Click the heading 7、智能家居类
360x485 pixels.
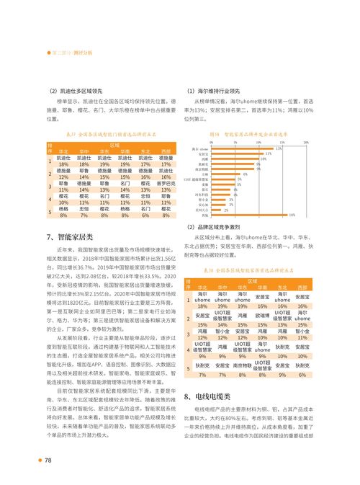click(x=70, y=237)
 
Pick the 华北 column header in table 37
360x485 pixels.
click(x=63, y=152)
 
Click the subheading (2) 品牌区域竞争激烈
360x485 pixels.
click(x=218, y=226)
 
